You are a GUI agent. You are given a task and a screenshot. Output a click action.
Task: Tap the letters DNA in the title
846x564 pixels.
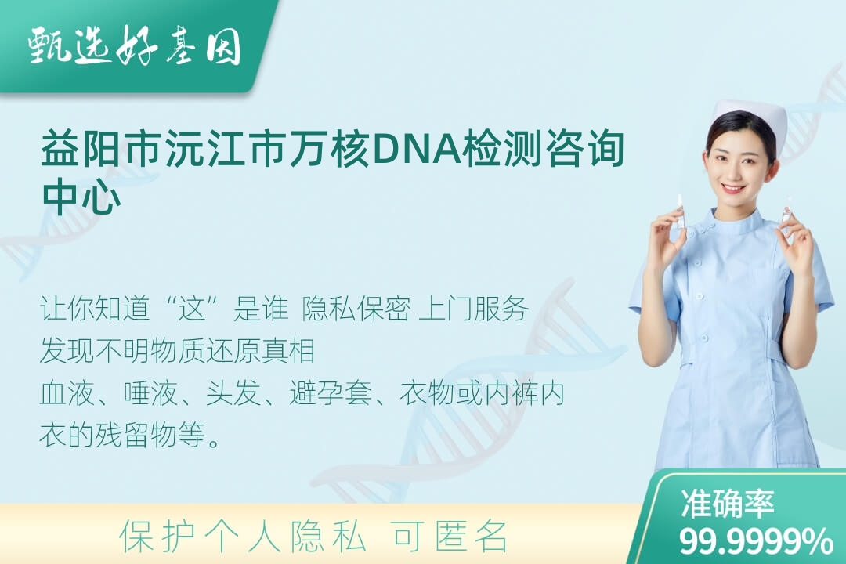416,148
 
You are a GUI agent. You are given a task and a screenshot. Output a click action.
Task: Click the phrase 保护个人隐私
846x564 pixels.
243,537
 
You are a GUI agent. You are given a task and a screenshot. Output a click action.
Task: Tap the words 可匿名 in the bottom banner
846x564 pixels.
450,537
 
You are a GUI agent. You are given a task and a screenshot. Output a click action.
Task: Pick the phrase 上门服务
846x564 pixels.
473,309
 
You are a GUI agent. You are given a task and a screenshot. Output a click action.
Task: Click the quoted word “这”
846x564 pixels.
193,309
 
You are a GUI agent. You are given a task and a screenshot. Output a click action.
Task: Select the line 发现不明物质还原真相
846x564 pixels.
178,351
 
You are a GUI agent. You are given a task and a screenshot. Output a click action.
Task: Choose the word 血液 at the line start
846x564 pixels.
67,393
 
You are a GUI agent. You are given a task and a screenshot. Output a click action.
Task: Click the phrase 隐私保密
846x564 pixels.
356,309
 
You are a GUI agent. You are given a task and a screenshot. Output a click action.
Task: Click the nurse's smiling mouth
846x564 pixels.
733,189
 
